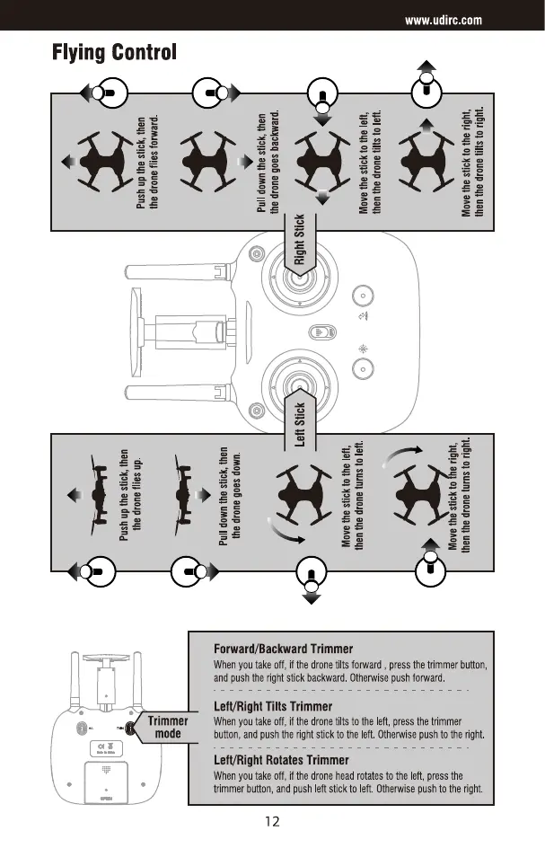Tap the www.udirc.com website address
click(x=444, y=19)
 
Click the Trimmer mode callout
click(x=167, y=727)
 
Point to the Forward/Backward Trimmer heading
click(x=282, y=648)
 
